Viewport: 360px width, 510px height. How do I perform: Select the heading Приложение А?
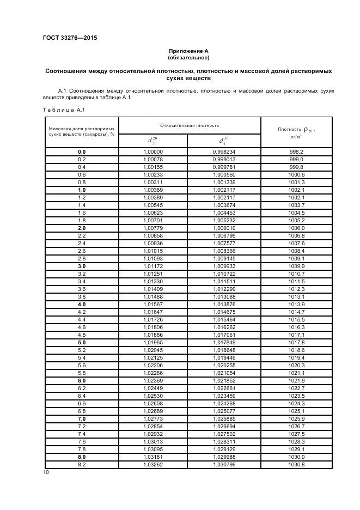click(x=188, y=51)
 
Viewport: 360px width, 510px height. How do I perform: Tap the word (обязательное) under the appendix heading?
click(x=188, y=58)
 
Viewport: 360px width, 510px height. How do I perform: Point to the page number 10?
click(x=46, y=472)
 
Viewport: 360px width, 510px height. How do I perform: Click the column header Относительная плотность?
click(x=190, y=125)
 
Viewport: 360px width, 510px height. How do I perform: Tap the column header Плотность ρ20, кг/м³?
click(x=296, y=131)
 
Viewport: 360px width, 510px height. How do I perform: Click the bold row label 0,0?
click(x=82, y=152)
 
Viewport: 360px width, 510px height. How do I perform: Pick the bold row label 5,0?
click(x=82, y=342)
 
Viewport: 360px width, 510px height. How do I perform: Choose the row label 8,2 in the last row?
click(x=82, y=464)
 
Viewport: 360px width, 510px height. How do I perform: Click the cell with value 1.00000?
click(x=152, y=152)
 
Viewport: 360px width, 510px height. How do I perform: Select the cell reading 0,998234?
click(x=224, y=152)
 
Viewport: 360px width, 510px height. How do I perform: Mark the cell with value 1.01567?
click(x=152, y=304)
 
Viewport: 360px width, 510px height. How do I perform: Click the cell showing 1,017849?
click(x=224, y=342)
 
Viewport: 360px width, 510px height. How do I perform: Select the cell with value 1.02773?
click(x=152, y=418)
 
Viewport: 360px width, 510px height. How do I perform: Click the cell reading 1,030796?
click(x=224, y=464)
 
